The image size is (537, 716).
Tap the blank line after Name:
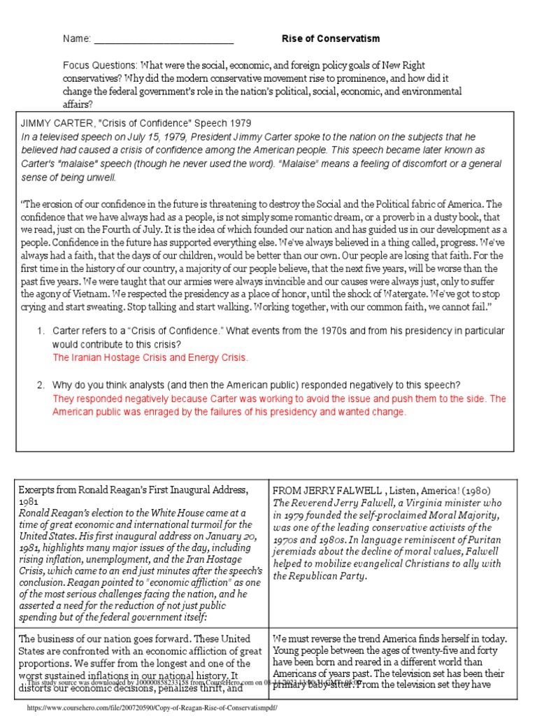pos(164,39)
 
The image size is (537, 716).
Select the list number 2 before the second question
pos(41,385)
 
